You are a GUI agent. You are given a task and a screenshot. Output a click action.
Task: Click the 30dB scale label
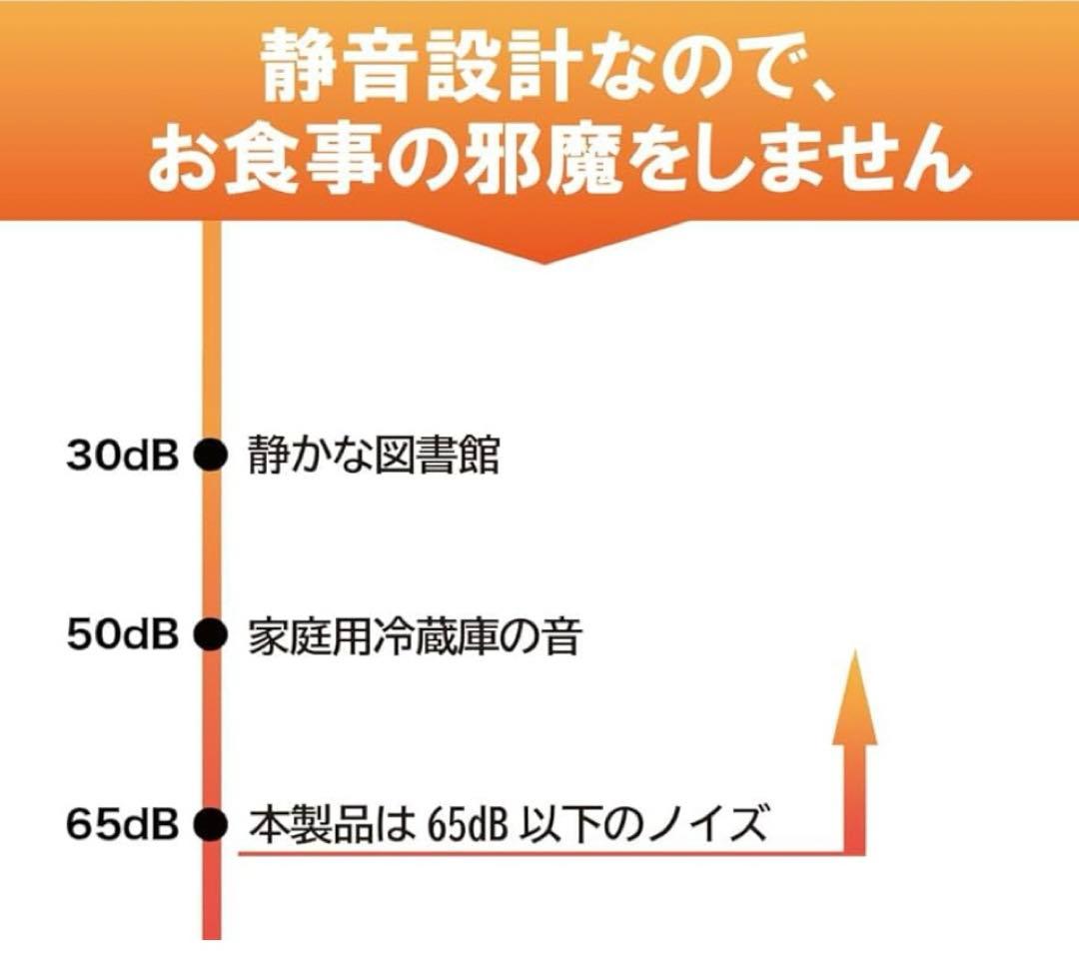(x=122, y=457)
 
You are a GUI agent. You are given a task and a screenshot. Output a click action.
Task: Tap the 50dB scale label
(x=122, y=635)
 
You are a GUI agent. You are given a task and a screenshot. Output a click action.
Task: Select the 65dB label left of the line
(x=122, y=825)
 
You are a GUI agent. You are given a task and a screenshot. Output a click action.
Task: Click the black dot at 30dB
(x=210, y=457)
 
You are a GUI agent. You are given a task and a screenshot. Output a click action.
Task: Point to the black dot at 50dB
(x=210, y=635)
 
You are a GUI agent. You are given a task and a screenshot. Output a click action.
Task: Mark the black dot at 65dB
(x=210, y=825)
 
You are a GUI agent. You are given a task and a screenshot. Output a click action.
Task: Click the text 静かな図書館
(x=373, y=458)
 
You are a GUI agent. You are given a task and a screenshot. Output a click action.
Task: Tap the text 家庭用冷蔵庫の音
(x=414, y=636)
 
